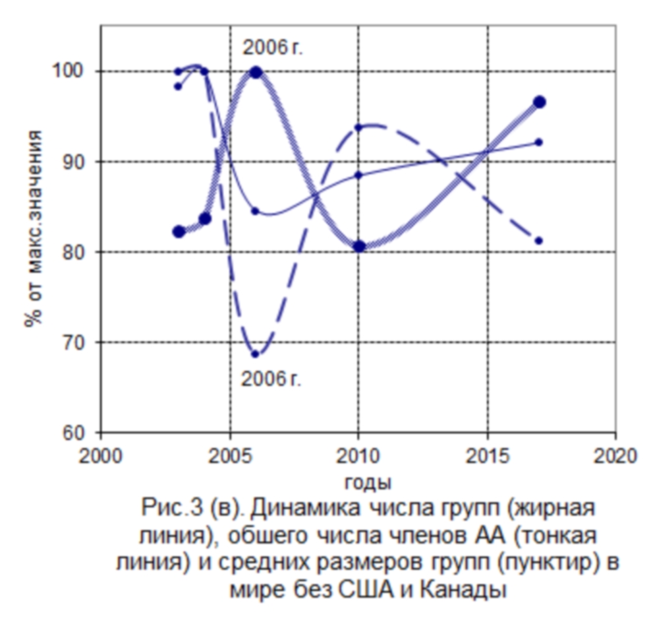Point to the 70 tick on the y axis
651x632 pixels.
(x=76, y=342)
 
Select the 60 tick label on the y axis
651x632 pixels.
(x=76, y=433)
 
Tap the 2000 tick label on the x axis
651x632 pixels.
(x=99, y=456)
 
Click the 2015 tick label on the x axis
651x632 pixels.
(x=487, y=456)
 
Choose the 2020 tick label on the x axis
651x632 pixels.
(x=615, y=456)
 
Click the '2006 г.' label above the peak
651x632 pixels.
(x=272, y=48)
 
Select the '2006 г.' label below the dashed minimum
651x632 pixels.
(x=271, y=379)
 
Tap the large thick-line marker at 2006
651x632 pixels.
(x=256, y=73)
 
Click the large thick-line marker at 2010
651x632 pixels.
(x=359, y=246)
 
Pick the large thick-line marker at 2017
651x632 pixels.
(x=539, y=102)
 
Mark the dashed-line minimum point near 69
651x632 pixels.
(x=256, y=354)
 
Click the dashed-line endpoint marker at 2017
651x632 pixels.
(x=539, y=241)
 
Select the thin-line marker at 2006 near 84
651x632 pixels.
(x=256, y=211)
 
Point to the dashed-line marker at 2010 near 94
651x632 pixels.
(x=358, y=127)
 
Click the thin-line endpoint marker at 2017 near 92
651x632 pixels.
(x=539, y=142)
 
